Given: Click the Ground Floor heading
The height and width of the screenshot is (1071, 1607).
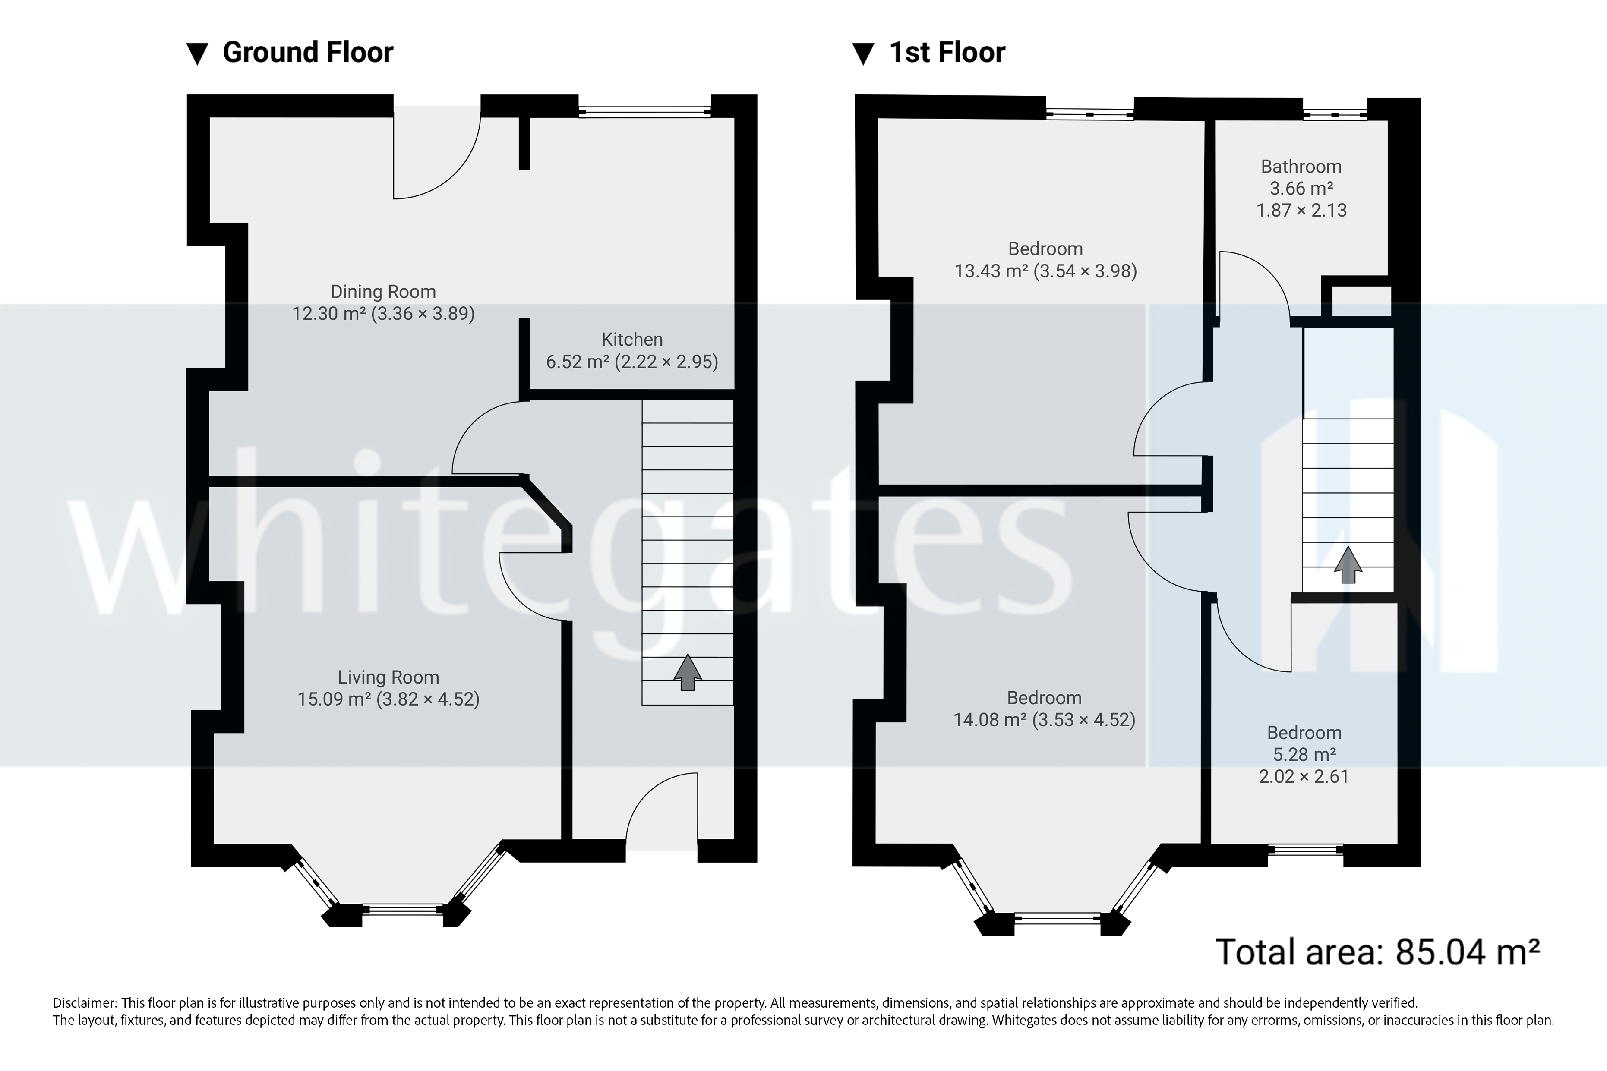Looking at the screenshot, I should (307, 53).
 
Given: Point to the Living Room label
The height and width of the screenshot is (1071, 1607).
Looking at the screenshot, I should (388, 677).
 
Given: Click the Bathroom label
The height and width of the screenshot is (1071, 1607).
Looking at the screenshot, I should (1301, 167).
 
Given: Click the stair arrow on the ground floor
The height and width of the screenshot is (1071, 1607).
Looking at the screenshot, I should (687, 672).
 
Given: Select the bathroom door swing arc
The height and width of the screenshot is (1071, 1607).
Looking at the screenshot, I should (1254, 283).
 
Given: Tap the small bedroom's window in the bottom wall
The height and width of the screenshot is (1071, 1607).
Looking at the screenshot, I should (1305, 850).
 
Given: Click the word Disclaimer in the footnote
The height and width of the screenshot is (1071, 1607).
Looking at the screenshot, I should (84, 1003).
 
